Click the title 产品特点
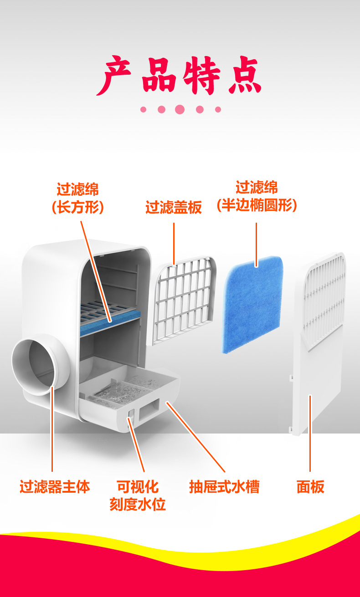[x=180, y=75]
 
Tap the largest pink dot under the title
[x=180, y=109]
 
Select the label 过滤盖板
[x=173, y=208]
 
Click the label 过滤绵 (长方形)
[x=77, y=199]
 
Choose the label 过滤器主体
[x=55, y=487]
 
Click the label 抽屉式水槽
[x=224, y=487]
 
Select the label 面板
[x=310, y=487]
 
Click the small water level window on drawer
[x=131, y=414]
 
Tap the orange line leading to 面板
[x=310, y=433]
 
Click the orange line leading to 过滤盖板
[x=174, y=241]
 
